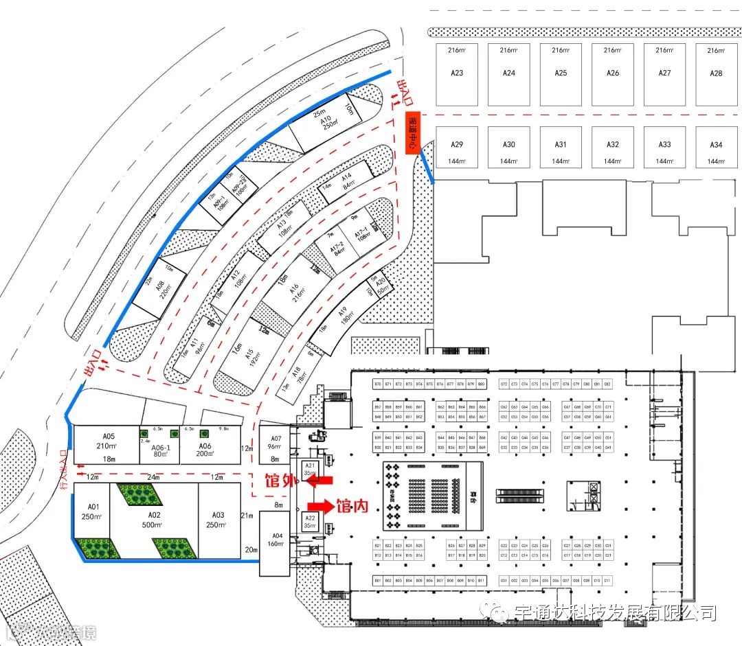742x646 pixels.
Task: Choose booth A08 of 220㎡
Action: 159,290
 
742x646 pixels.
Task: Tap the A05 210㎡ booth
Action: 108,445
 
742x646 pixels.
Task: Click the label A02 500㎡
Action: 154,519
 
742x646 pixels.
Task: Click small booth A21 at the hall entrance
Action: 310,470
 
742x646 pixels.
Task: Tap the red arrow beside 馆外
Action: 322,481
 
